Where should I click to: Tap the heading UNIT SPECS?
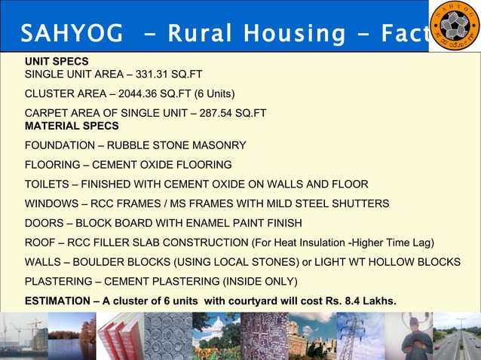57,61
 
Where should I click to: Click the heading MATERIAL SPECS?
72,126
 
